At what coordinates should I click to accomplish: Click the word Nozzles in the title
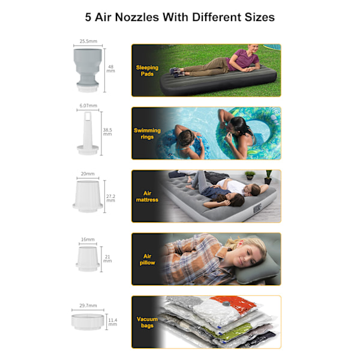137,17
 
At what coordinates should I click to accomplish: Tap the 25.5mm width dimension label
88,41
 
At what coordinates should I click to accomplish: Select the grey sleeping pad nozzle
88,70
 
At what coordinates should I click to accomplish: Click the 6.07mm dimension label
88,106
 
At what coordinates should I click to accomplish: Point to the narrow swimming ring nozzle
88,133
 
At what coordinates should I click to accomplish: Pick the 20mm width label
88,174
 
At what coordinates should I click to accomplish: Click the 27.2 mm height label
110,198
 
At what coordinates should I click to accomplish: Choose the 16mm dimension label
88,239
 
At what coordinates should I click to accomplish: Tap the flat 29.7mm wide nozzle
88,322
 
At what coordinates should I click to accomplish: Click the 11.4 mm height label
113,322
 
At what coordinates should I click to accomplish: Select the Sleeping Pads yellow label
147,70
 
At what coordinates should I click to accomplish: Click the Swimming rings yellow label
147,134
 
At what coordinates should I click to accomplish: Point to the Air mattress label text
147,197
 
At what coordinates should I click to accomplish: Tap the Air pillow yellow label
147,259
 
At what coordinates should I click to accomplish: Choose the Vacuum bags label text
147,322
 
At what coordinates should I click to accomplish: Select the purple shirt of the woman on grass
244,59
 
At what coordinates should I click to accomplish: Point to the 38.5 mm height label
107,132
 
